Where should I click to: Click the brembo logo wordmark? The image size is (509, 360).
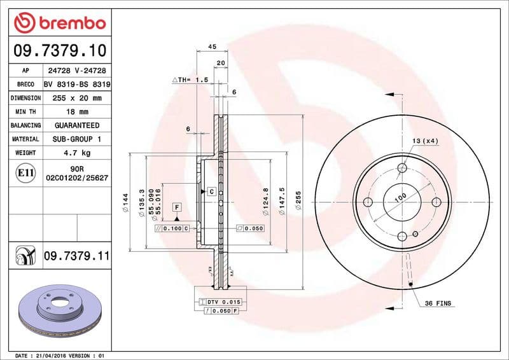pos(59,24)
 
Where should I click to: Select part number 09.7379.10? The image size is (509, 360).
pos(59,50)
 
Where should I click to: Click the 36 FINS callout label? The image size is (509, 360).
pos(437,303)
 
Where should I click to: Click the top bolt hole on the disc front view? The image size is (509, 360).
pos(401,169)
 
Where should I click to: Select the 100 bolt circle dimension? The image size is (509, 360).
pos(400,197)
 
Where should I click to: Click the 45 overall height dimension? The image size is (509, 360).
pos(212,47)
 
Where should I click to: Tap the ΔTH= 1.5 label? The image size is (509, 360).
pos(190,80)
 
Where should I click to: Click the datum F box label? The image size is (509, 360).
pos(176,207)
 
